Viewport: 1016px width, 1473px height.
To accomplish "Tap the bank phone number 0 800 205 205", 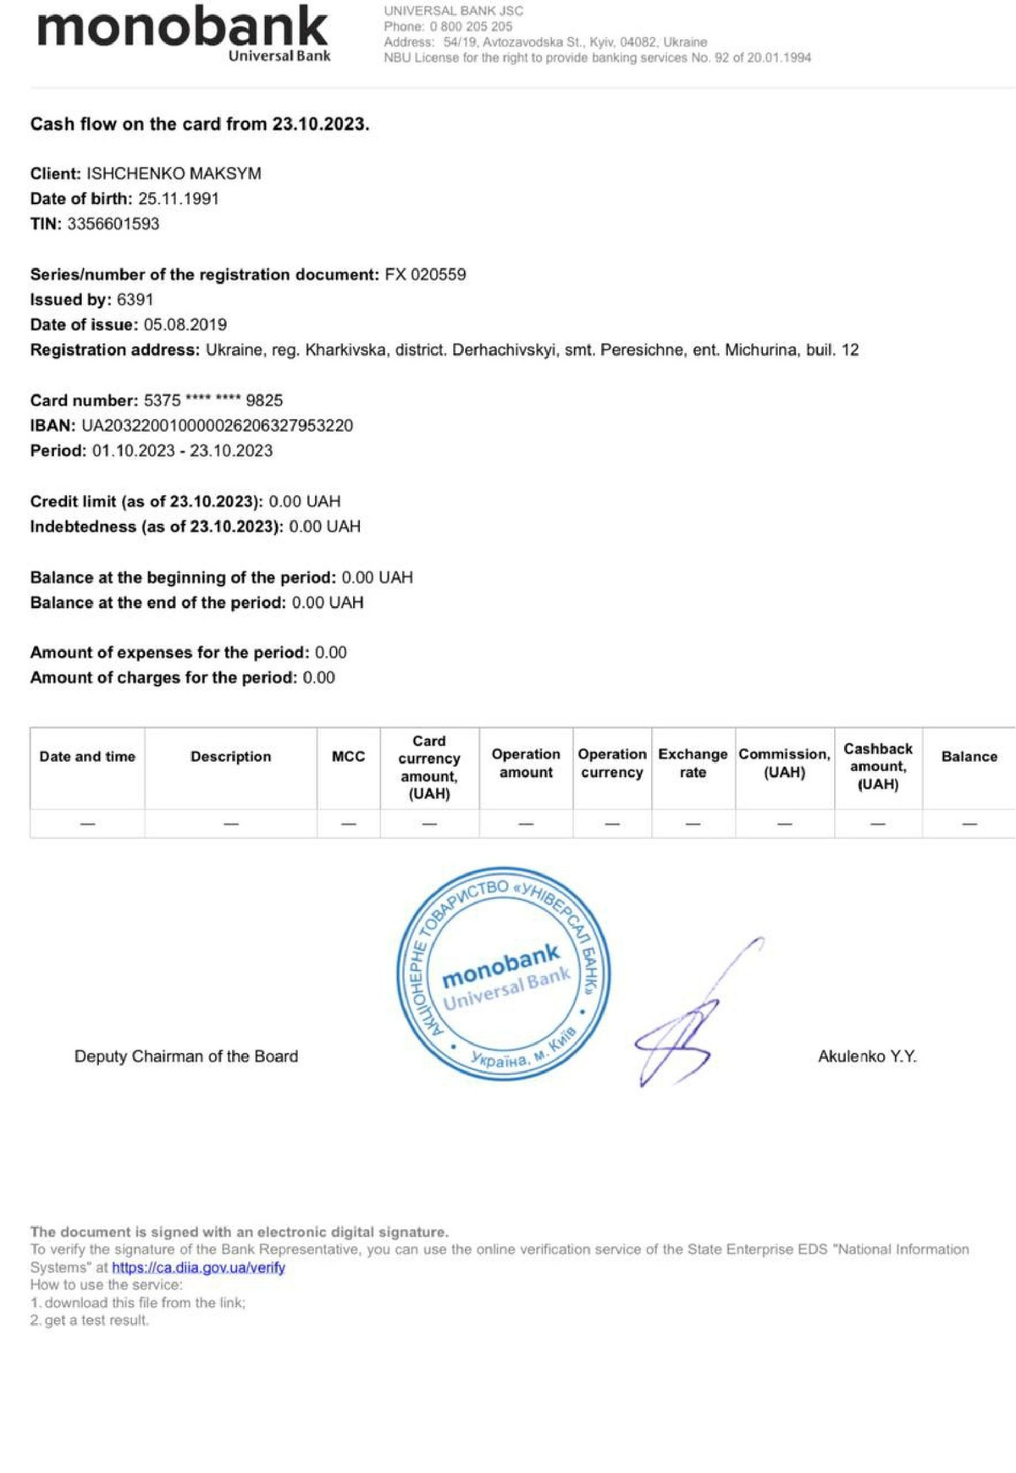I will click(x=471, y=26).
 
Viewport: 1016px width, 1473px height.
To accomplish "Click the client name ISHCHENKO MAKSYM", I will click(x=174, y=174).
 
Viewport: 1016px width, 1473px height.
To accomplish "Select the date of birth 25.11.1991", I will click(x=179, y=199).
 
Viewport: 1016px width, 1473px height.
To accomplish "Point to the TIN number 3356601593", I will click(x=113, y=224).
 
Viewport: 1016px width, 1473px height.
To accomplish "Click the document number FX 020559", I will click(x=425, y=274).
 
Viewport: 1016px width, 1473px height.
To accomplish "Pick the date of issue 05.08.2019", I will click(x=185, y=324).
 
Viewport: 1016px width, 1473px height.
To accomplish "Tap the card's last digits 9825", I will click(x=264, y=400).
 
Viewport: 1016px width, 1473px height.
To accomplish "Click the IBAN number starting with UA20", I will click(x=217, y=426).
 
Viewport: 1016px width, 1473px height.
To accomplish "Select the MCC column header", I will click(x=348, y=757).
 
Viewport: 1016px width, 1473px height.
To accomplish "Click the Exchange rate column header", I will click(x=693, y=763).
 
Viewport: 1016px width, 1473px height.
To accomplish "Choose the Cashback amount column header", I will click(x=878, y=766).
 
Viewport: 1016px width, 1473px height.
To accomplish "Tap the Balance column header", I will click(x=969, y=757).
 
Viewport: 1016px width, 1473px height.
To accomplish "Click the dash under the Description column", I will click(x=230, y=824).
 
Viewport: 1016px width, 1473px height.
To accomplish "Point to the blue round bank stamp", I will click(x=504, y=974).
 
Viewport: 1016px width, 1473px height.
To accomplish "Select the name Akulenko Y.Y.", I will click(x=867, y=1056).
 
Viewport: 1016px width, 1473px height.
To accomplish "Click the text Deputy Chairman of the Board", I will click(x=186, y=1056).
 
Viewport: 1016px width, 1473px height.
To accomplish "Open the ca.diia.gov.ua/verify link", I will click(x=198, y=1267).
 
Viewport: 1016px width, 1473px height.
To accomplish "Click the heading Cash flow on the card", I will click(x=200, y=124).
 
